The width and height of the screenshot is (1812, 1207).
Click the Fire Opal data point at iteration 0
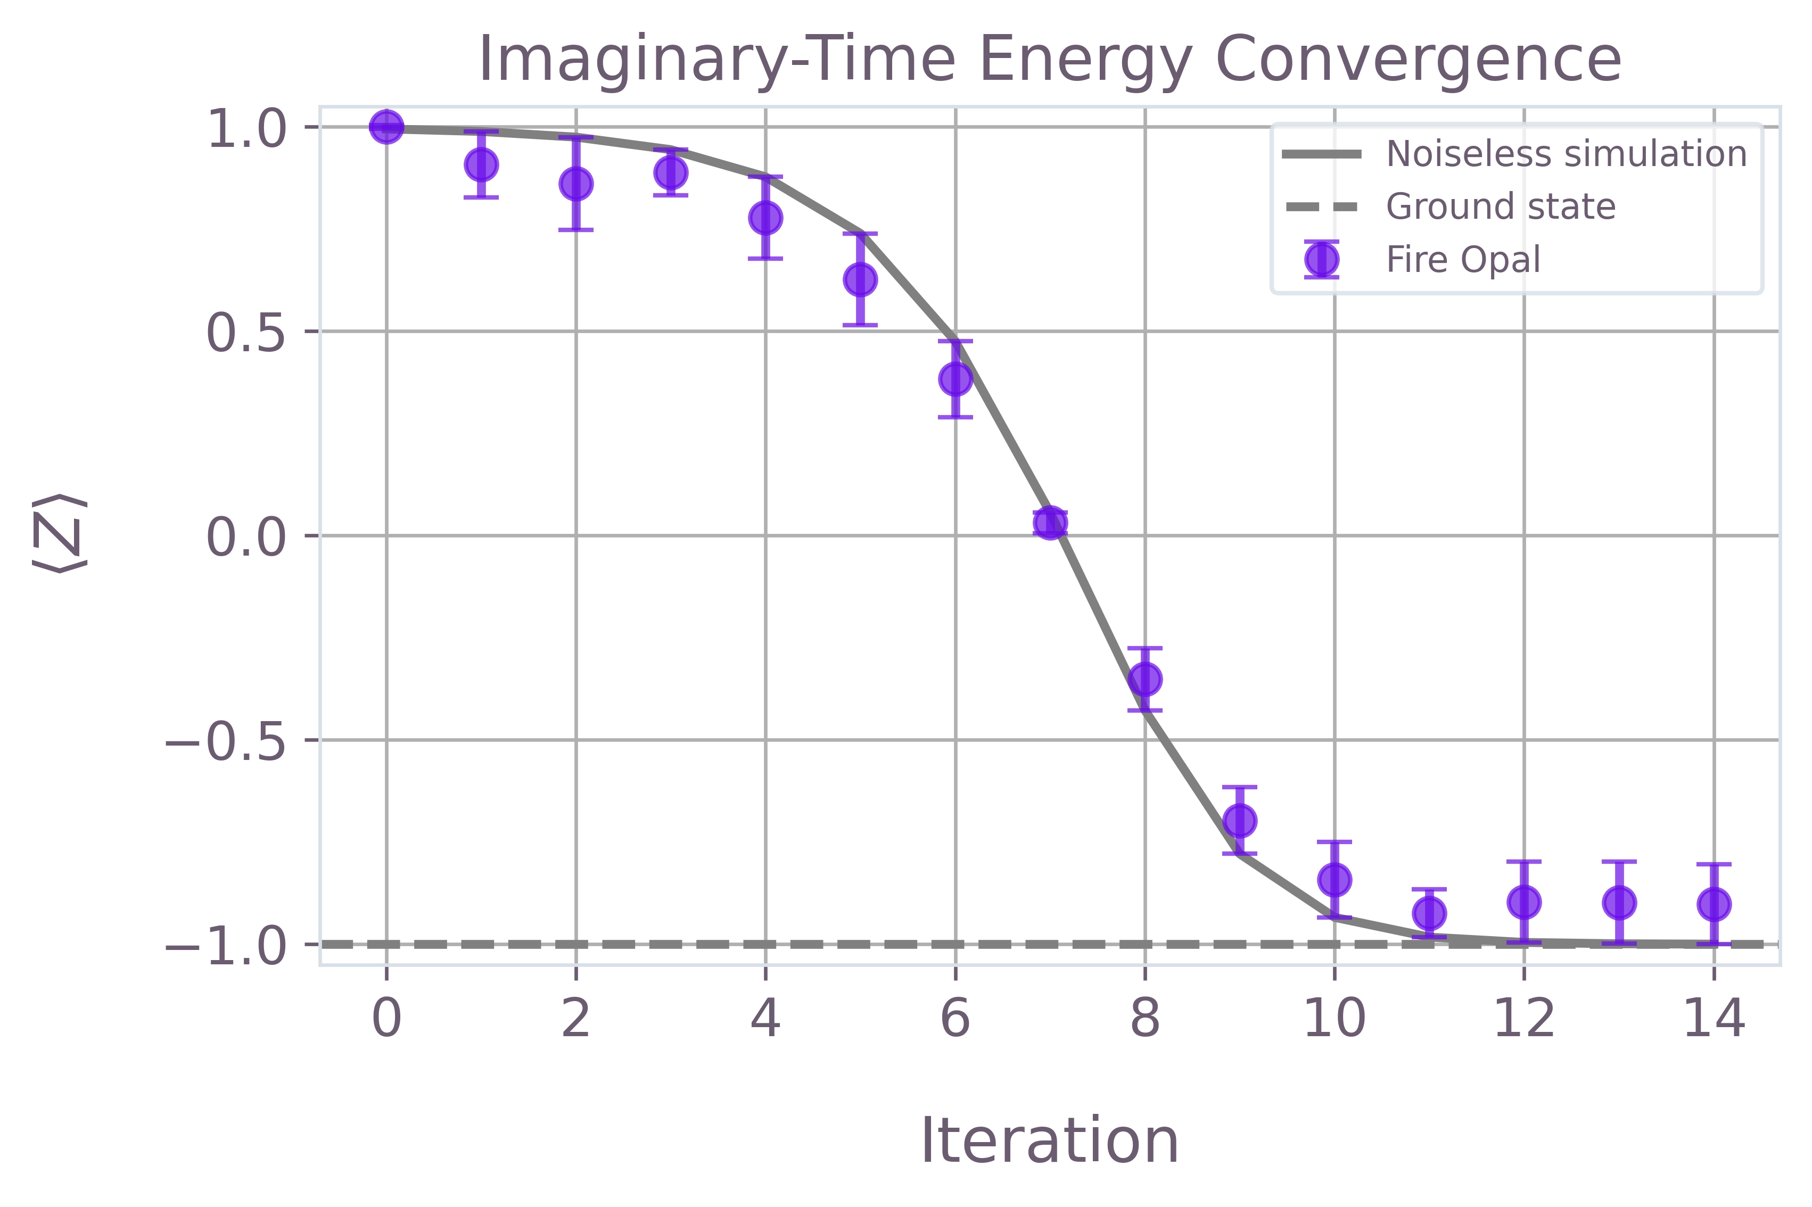[x=386, y=126]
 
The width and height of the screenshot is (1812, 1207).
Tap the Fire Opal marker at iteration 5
[x=860, y=279]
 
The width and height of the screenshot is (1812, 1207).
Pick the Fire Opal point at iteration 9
[x=1239, y=821]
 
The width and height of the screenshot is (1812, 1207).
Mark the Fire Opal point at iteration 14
[x=1714, y=904]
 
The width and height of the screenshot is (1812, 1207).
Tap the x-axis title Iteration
[x=1049, y=1141]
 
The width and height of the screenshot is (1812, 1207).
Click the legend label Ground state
[x=1500, y=206]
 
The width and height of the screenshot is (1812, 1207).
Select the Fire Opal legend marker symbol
[x=1321, y=259]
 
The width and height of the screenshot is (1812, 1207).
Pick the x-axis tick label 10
[x=1334, y=1020]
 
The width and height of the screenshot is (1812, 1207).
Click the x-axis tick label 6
[x=956, y=1020]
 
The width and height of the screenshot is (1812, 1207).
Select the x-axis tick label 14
[x=1714, y=1020]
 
